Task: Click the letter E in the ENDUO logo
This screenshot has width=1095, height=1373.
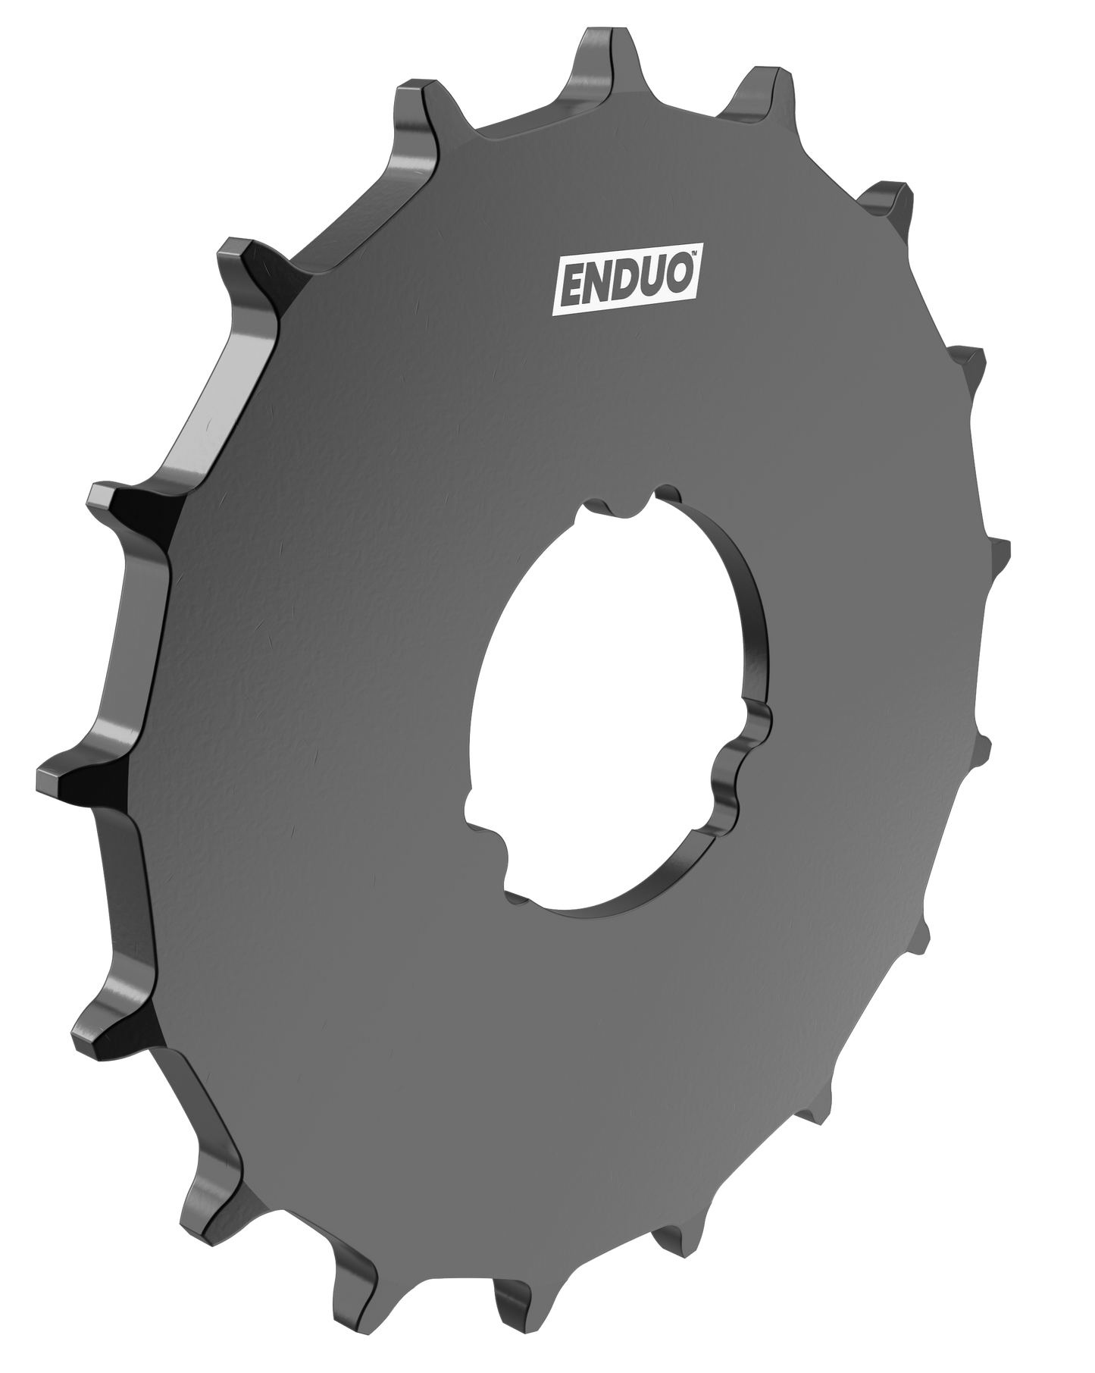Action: point(571,287)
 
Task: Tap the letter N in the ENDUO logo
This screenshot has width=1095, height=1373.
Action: point(596,284)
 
